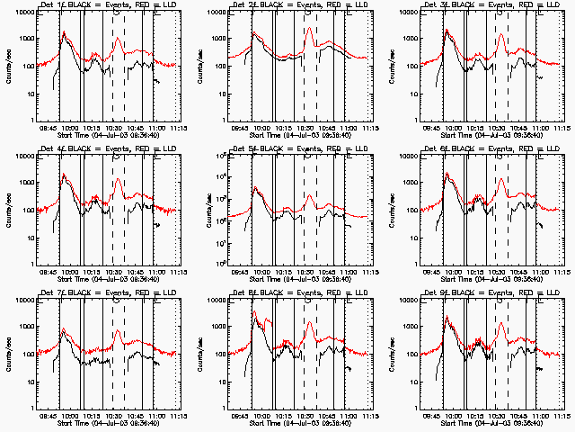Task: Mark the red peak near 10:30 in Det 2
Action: point(309,28)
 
